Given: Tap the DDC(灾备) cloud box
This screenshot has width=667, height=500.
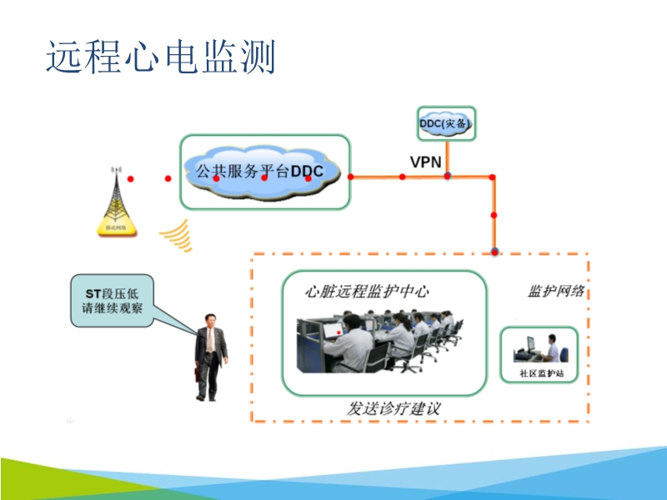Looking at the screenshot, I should tap(447, 124).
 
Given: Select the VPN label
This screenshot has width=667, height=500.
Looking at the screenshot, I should tap(425, 161).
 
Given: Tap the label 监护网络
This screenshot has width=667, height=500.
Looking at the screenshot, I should tap(556, 292).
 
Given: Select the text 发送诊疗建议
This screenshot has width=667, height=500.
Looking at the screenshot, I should tap(393, 408).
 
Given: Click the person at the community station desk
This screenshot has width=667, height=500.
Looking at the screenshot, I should tap(551, 350).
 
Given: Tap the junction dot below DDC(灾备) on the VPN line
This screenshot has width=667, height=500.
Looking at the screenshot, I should tap(448, 176).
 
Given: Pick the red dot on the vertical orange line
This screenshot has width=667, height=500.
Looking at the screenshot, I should tap(494, 215).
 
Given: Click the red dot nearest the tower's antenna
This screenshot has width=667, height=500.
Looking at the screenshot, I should tap(131, 178).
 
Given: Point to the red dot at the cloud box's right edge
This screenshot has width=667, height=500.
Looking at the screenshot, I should tap(350, 176).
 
